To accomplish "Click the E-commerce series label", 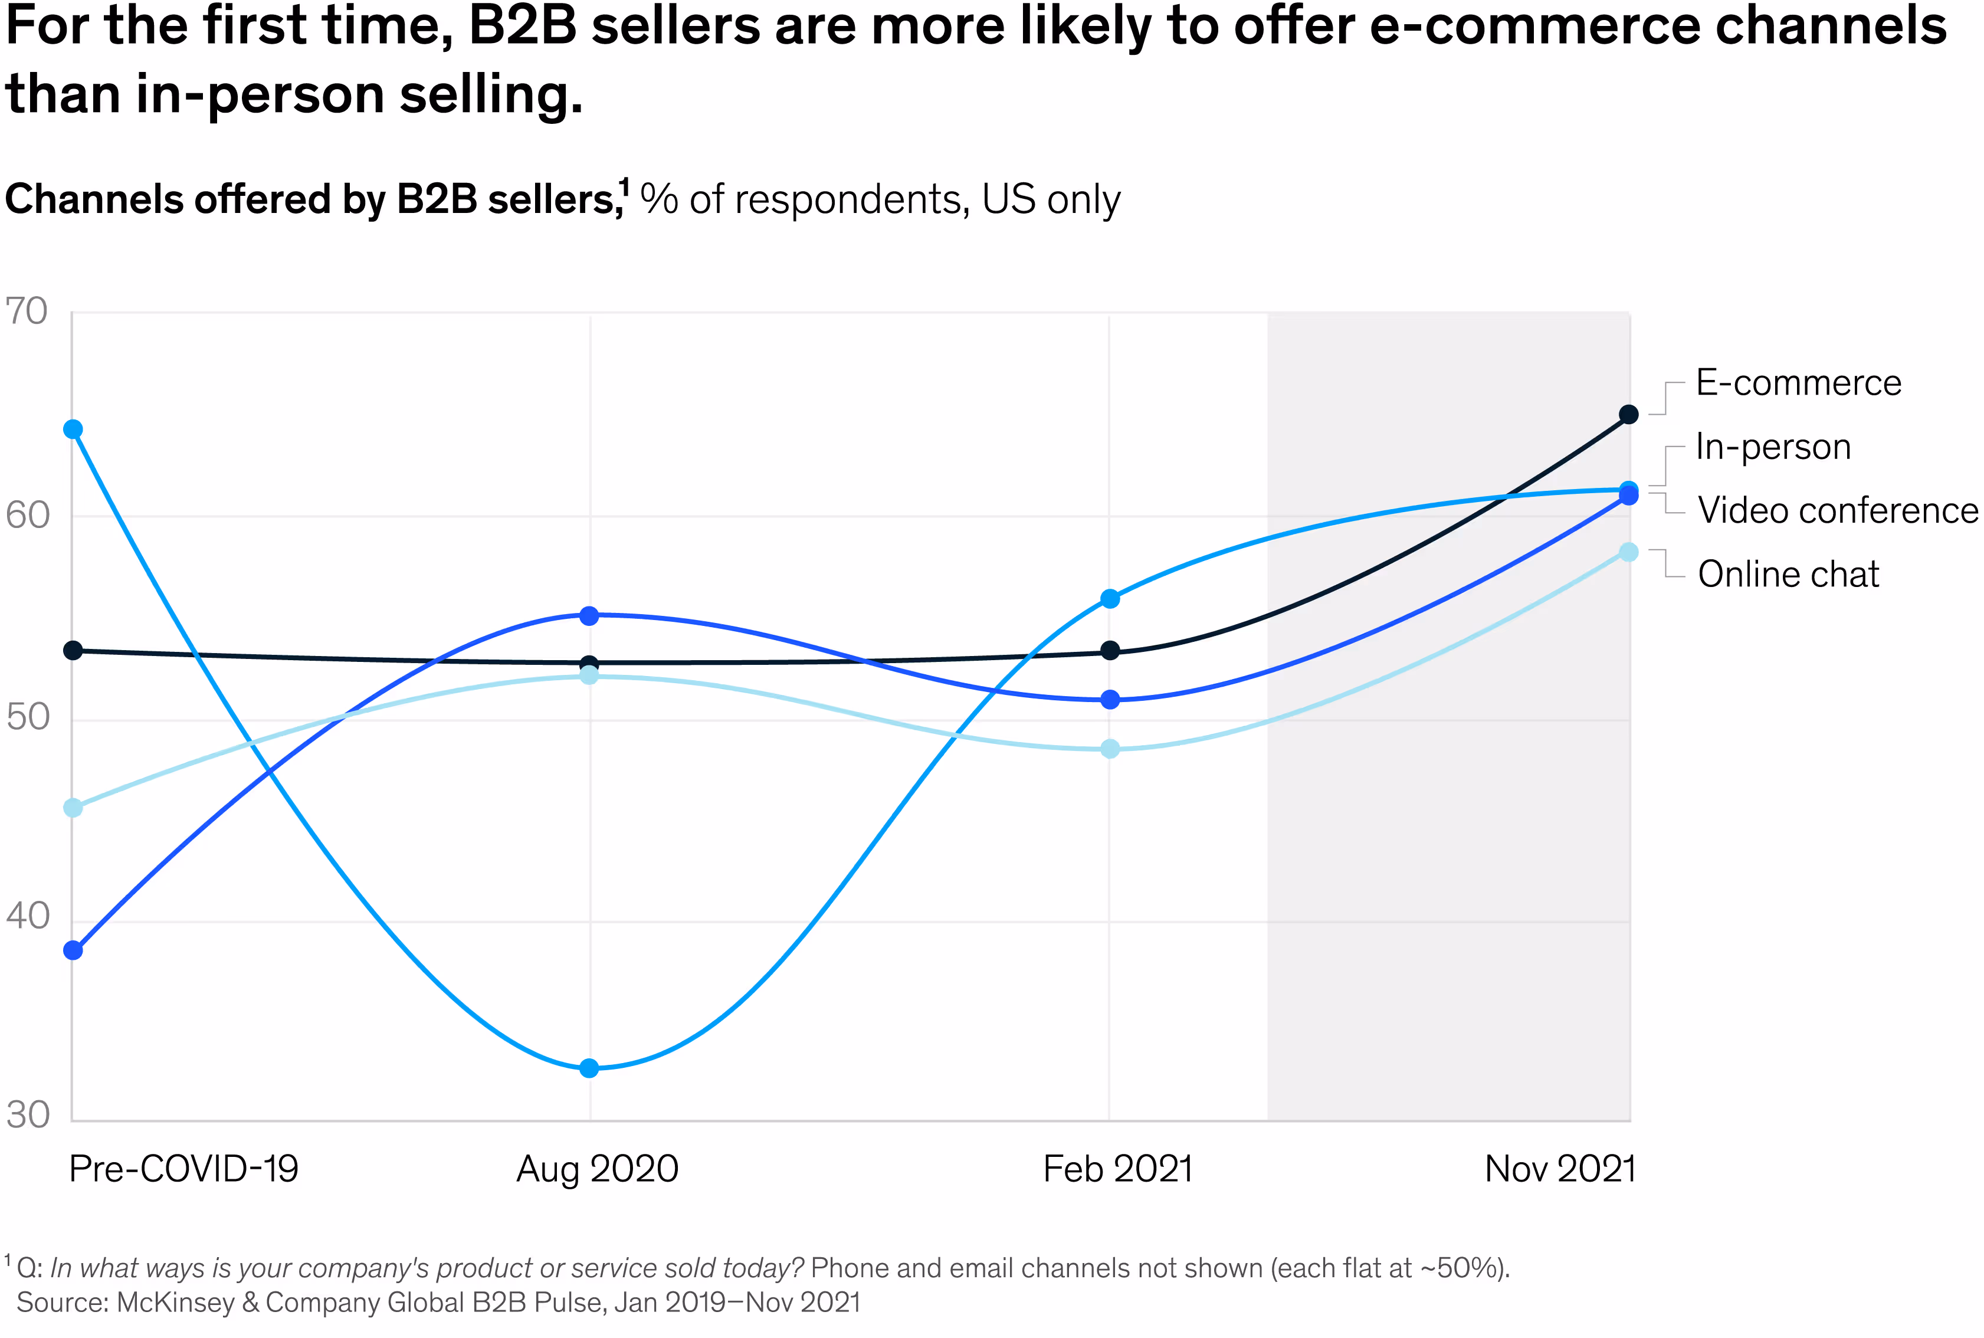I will click(x=1798, y=383).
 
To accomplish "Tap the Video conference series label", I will click(x=1837, y=511).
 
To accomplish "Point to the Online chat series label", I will click(x=1788, y=574).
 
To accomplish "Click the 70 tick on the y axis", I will click(x=27, y=312).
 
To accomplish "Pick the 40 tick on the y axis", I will click(x=27, y=916).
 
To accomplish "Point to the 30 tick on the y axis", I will click(x=27, y=1115).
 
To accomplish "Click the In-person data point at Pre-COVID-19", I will click(x=73, y=429).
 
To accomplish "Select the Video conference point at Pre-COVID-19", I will click(x=73, y=950).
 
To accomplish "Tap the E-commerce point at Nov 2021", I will click(x=1628, y=415).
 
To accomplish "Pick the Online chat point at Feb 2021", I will click(x=1109, y=749).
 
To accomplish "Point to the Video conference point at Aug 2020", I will click(x=589, y=615).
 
